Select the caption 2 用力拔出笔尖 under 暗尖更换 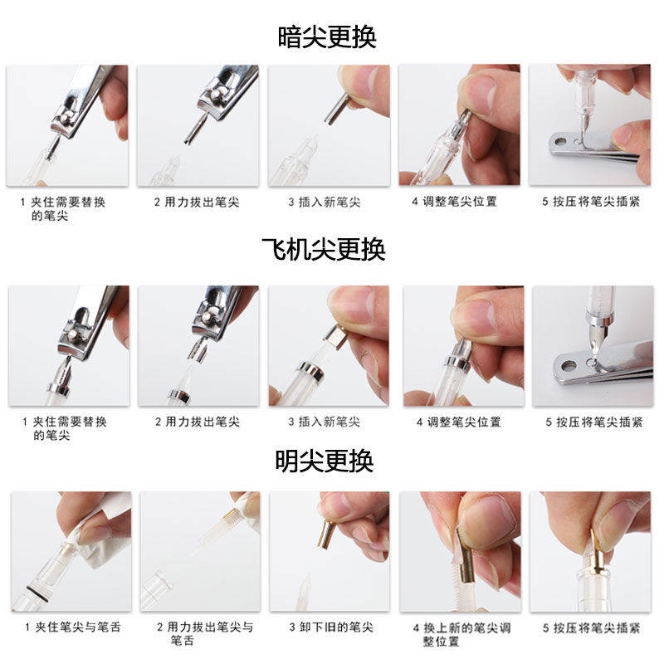tap(197, 203)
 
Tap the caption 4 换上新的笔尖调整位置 tap(458, 634)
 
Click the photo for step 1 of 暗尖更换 tap(68, 125)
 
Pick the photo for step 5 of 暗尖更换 tap(590, 125)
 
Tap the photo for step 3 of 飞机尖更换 tap(329, 346)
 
